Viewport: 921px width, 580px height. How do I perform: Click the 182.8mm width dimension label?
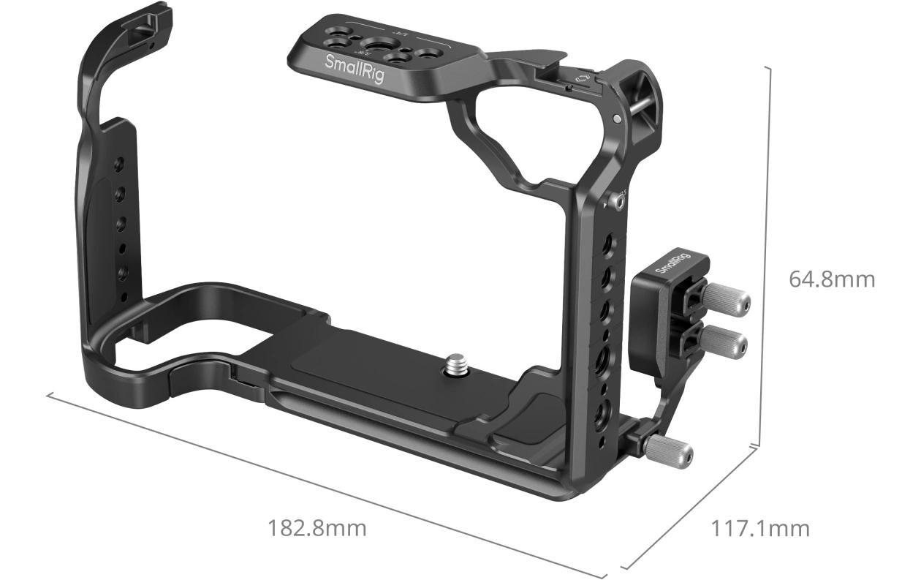(x=317, y=527)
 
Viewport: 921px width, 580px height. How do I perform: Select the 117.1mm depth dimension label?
(x=760, y=528)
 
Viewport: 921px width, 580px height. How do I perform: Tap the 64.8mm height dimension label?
(x=831, y=279)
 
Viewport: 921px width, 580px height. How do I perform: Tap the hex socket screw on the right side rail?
(x=620, y=201)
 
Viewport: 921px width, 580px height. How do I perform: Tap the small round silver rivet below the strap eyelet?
(x=618, y=118)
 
